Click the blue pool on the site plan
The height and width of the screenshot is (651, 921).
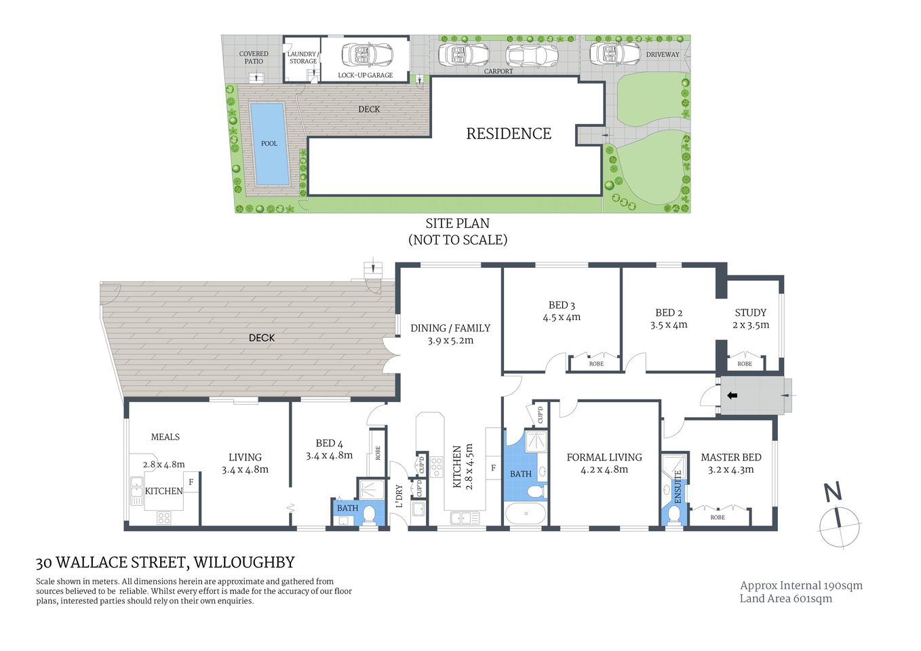(269, 144)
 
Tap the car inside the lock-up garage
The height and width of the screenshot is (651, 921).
(366, 54)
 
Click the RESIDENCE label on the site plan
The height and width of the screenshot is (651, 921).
(509, 134)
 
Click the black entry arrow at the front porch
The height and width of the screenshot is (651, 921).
(732, 395)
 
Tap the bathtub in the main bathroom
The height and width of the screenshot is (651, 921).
(526, 513)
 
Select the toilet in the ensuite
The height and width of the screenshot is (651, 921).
(675, 514)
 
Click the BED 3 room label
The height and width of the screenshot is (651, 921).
(562, 305)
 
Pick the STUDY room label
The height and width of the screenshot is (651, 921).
(750, 313)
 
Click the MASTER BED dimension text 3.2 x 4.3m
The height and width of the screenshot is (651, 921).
(730, 469)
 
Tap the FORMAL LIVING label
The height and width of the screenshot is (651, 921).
(604, 457)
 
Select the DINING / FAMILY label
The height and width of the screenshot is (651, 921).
(450, 328)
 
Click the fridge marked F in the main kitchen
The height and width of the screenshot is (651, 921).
(493, 468)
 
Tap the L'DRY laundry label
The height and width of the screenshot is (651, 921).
(399, 496)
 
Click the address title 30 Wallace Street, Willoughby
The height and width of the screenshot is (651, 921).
(165, 562)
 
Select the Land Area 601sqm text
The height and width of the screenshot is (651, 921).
(785, 598)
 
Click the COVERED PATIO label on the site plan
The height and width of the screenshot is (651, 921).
(254, 58)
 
